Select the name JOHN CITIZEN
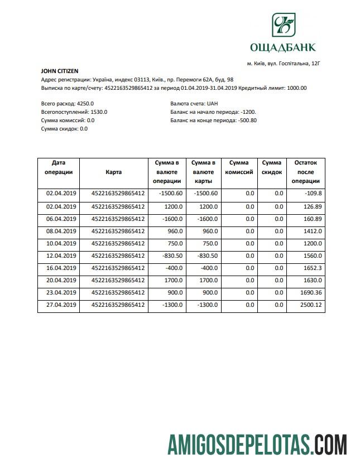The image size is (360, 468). tap(60, 71)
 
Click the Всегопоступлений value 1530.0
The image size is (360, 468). tap(99, 112)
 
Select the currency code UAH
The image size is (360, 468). tap(213, 104)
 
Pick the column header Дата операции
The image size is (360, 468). tap(59, 167)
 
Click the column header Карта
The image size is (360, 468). tap(114, 172)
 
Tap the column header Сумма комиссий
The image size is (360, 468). tap(239, 167)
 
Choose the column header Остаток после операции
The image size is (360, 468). tap(305, 172)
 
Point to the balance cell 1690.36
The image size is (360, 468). tap(310, 292)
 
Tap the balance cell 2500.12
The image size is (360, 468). tap(310, 305)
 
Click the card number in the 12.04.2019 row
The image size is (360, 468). tap(118, 255)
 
